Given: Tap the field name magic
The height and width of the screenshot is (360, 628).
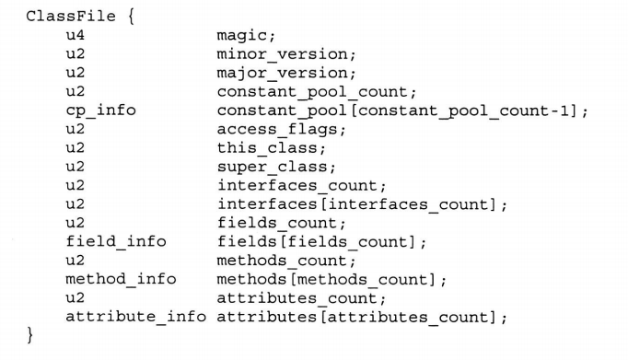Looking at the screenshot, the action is coord(245,35).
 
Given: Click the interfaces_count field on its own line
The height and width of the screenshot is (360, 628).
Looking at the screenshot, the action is coord(301,186).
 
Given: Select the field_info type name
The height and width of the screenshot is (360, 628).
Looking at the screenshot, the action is coord(115,242).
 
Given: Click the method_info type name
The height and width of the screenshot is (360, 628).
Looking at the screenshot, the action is coord(120,279).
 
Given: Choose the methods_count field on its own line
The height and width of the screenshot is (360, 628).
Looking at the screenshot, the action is coord(285,261).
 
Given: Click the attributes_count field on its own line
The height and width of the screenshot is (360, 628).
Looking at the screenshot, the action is coord(301,298).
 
